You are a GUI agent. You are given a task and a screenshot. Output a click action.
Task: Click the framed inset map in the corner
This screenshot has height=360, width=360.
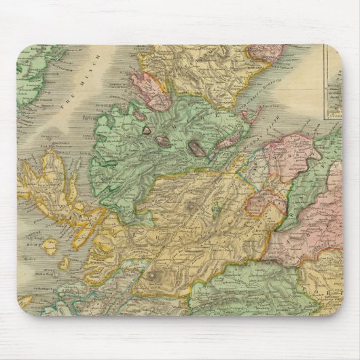coord(340,82)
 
